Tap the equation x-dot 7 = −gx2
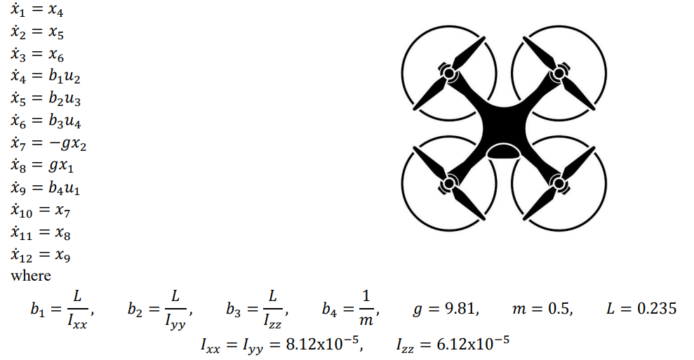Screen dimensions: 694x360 [x=48, y=142]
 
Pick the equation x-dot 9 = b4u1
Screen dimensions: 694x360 [x=45, y=187]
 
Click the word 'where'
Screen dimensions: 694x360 [x=31, y=276]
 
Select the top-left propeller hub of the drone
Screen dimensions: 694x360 [x=448, y=71]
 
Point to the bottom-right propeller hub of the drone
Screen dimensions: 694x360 [x=559, y=184]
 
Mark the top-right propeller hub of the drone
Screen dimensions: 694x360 [x=559, y=71]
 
